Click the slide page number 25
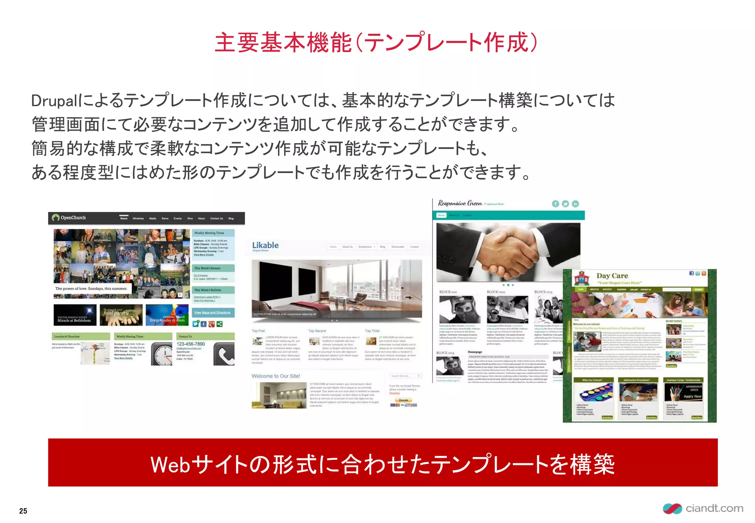[x=23, y=511]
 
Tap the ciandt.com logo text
[x=714, y=508]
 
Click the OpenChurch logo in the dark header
[x=69, y=218]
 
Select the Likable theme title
[x=265, y=245]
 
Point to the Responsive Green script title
[x=460, y=203]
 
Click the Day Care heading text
[x=612, y=276]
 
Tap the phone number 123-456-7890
[x=191, y=344]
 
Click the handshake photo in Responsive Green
[x=508, y=252]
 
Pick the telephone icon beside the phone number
[x=224, y=354]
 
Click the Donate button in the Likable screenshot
[x=403, y=400]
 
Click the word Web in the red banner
[x=170, y=464]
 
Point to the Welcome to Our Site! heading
[x=276, y=376]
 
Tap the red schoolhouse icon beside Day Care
[x=582, y=278]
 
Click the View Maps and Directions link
[x=212, y=313]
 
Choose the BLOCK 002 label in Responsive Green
[x=496, y=292]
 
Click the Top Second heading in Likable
[x=317, y=331]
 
